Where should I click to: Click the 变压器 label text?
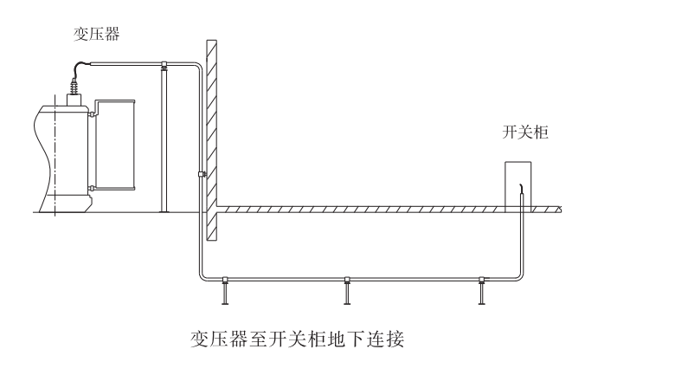(96, 35)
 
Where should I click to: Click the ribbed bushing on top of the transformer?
(72, 89)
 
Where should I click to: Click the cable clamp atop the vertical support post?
(164, 65)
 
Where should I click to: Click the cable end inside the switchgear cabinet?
(520, 191)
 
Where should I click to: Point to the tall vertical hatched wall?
(211, 139)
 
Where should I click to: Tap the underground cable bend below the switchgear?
(517, 275)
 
